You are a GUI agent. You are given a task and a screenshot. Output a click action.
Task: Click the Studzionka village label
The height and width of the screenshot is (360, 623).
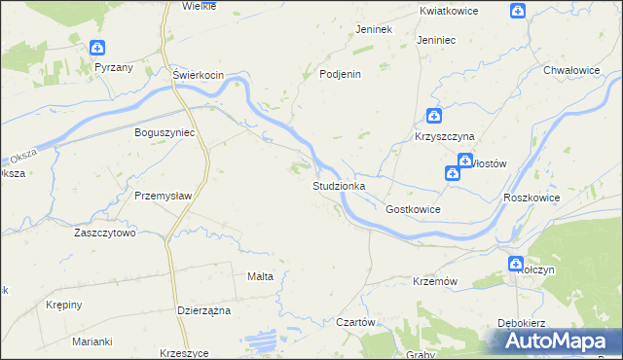[x=339, y=185]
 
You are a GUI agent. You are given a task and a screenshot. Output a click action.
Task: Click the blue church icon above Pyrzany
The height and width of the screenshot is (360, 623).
[x=97, y=48]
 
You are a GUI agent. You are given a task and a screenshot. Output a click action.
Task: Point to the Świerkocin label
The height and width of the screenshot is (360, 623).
[x=199, y=75]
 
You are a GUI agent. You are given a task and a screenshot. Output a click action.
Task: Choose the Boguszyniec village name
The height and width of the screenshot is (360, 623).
[x=165, y=131]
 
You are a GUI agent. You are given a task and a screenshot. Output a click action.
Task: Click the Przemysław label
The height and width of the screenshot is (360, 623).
[x=163, y=195]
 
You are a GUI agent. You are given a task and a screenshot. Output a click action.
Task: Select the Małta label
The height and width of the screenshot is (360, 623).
[x=260, y=276]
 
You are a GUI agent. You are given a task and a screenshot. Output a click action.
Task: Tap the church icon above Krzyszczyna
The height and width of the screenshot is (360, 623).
[x=434, y=116]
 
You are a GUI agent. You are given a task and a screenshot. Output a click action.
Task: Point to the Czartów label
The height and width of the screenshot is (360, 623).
[x=355, y=322]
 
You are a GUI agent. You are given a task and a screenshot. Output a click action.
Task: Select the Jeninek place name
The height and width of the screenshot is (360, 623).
[x=374, y=29]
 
